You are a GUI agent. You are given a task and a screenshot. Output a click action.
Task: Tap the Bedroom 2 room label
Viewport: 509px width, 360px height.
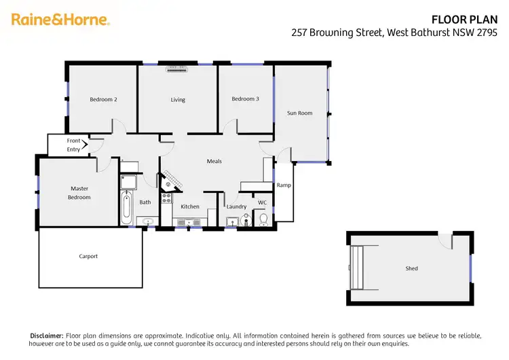coord(103,100)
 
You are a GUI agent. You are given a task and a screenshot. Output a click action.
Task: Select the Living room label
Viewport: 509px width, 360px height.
coord(178,100)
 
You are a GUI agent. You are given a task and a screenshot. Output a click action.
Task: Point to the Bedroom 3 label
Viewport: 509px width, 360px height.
coord(245,99)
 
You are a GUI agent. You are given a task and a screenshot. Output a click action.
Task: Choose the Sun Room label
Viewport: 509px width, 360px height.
coord(299,113)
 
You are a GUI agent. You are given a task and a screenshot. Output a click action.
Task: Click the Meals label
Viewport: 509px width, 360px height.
coord(214,161)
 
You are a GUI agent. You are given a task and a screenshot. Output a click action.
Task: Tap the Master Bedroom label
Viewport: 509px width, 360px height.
coord(80,193)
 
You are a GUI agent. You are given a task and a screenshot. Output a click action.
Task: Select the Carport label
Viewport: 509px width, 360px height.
coord(88,256)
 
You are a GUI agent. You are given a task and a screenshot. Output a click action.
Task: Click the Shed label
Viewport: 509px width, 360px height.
coord(411,268)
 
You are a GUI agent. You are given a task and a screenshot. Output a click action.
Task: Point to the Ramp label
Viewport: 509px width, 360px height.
coord(284,185)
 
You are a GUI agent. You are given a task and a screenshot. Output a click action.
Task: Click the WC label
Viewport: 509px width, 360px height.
coord(262,202)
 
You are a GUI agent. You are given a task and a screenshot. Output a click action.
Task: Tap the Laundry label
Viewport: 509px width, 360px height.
coord(236,206)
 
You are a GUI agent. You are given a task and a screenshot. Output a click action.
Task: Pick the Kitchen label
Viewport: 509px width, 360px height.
coord(190,206)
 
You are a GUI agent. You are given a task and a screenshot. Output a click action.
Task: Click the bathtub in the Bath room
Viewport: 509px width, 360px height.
coord(127,207)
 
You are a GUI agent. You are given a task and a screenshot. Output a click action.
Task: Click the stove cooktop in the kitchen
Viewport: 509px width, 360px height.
coord(166,199)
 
